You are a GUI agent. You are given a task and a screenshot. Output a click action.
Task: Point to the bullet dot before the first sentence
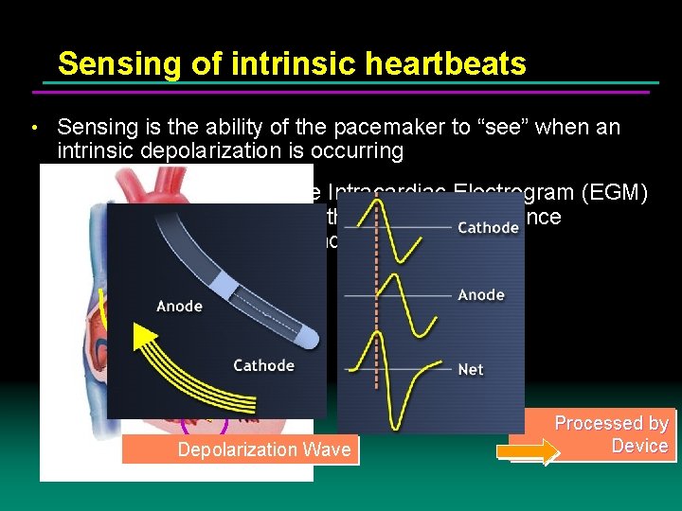coord(34,128)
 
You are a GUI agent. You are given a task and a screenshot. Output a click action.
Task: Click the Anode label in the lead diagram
coord(179,306)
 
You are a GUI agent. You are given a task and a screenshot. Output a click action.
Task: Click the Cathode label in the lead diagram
coord(263,365)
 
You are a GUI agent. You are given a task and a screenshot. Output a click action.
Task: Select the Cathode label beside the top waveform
coord(488,227)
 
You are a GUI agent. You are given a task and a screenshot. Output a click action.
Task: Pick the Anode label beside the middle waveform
coord(481,294)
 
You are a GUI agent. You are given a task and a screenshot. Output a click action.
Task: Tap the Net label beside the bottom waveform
coord(471,369)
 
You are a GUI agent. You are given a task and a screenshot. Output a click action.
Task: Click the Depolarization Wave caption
coord(263,449)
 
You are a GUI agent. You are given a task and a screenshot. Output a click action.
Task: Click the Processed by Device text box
coord(611,434)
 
